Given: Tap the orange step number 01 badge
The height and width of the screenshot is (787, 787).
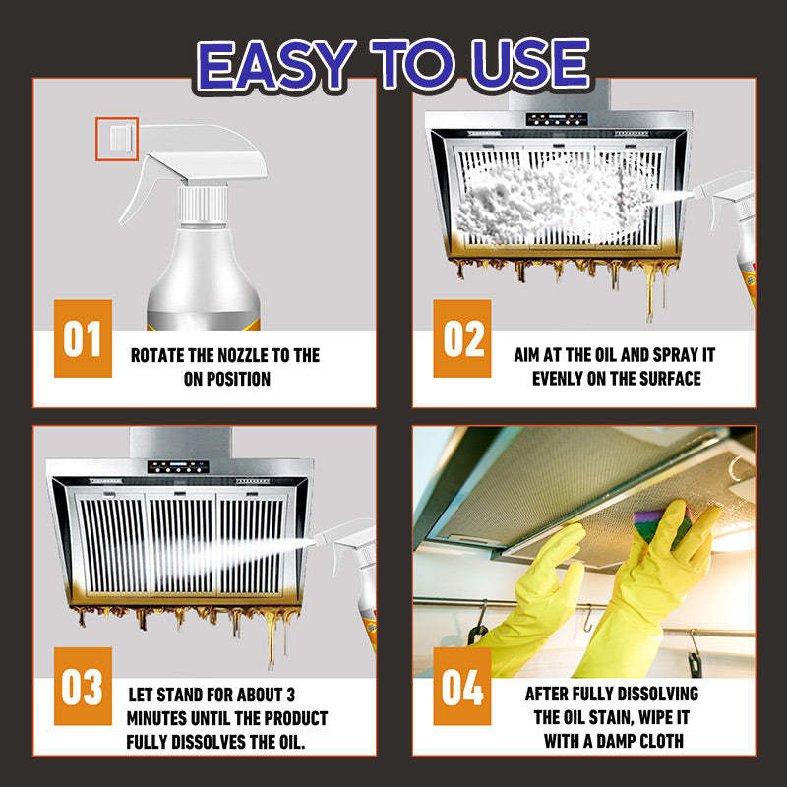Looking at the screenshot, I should pyautogui.click(x=83, y=339).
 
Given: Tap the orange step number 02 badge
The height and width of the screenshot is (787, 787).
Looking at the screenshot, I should pyautogui.click(x=462, y=339).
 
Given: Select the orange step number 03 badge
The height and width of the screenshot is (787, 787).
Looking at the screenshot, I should pyautogui.click(x=83, y=687).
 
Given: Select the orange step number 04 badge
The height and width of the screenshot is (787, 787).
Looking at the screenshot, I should pyautogui.click(x=462, y=687).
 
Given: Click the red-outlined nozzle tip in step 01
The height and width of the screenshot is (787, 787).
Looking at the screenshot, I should pyautogui.click(x=117, y=139).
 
